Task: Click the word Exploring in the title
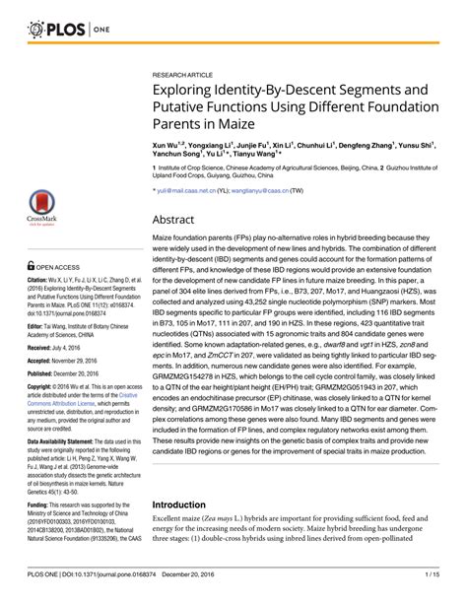tap(193, 91)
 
